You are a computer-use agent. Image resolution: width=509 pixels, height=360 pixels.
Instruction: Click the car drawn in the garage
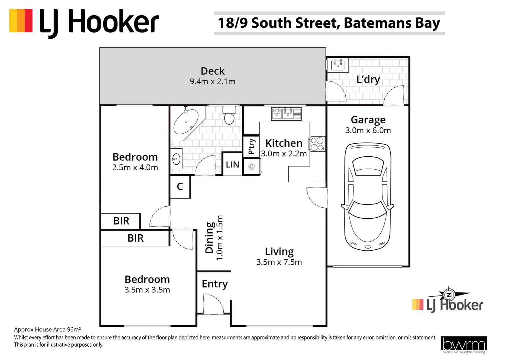click(x=367, y=197)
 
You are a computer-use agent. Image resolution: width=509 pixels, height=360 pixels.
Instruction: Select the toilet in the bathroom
click(x=229, y=115)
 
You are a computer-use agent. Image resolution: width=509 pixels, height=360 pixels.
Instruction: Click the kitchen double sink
click(x=286, y=113)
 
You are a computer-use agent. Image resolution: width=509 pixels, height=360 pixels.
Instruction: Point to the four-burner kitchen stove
click(x=317, y=144)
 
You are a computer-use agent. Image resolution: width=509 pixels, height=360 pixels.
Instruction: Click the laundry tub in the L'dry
click(x=338, y=64)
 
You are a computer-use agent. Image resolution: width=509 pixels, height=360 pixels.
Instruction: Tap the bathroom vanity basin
click(x=176, y=159)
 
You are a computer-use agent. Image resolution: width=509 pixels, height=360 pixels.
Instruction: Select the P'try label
click(x=252, y=146)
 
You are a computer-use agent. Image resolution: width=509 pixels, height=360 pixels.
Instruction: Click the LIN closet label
click(x=232, y=164)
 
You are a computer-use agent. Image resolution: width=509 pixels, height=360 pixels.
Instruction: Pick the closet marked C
click(x=180, y=187)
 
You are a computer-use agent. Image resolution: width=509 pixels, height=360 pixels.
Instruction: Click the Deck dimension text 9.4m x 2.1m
click(x=213, y=82)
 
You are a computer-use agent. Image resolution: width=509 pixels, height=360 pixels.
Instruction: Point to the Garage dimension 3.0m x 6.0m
click(x=368, y=130)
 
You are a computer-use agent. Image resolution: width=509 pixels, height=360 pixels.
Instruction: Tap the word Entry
click(x=215, y=284)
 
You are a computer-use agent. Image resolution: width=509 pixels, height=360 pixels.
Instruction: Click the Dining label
click(x=209, y=237)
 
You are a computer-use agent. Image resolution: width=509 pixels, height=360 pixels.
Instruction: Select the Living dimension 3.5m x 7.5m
click(x=279, y=262)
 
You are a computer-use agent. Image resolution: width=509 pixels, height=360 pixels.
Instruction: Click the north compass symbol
click(x=449, y=295)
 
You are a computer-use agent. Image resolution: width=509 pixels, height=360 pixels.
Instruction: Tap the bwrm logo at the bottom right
click(x=463, y=345)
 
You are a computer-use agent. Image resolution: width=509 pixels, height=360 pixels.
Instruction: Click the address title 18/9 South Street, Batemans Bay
click(x=329, y=23)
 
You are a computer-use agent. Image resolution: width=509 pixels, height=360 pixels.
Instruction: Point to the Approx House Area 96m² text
click(x=47, y=330)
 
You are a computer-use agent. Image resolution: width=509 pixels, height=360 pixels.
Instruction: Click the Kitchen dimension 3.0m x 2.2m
click(x=284, y=154)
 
